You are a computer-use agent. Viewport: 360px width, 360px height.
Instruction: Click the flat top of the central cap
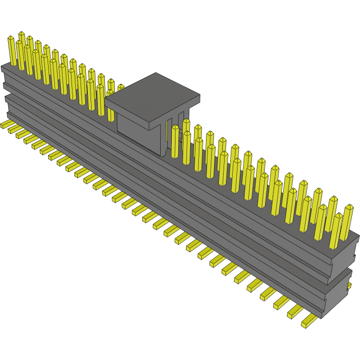(x=153, y=91)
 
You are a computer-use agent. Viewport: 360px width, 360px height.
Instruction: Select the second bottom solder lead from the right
(x=295, y=311)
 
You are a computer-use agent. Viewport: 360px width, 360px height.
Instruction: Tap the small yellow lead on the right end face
(x=350, y=285)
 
